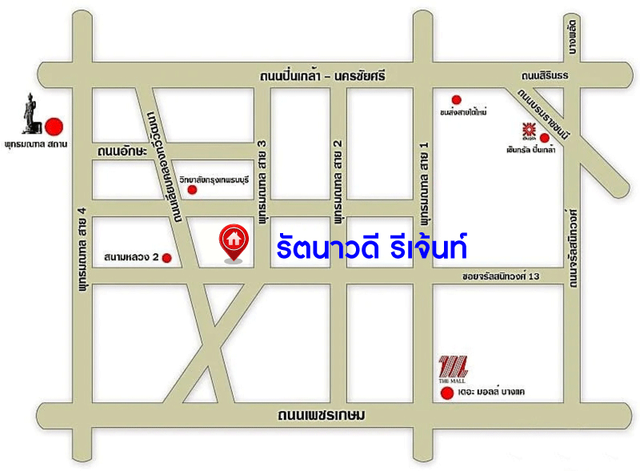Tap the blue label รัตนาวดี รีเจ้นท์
coord(371,244)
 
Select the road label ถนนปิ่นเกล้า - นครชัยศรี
coord(322,76)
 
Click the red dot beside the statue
coord(54,126)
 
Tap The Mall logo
coord(454,368)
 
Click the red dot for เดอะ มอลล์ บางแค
coord(445,393)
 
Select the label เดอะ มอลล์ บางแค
coord(492,393)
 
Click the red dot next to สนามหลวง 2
coord(167,257)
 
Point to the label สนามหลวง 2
coord(132,257)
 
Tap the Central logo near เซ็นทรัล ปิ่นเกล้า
coord(529,128)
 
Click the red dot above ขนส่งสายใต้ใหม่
coord(456,99)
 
